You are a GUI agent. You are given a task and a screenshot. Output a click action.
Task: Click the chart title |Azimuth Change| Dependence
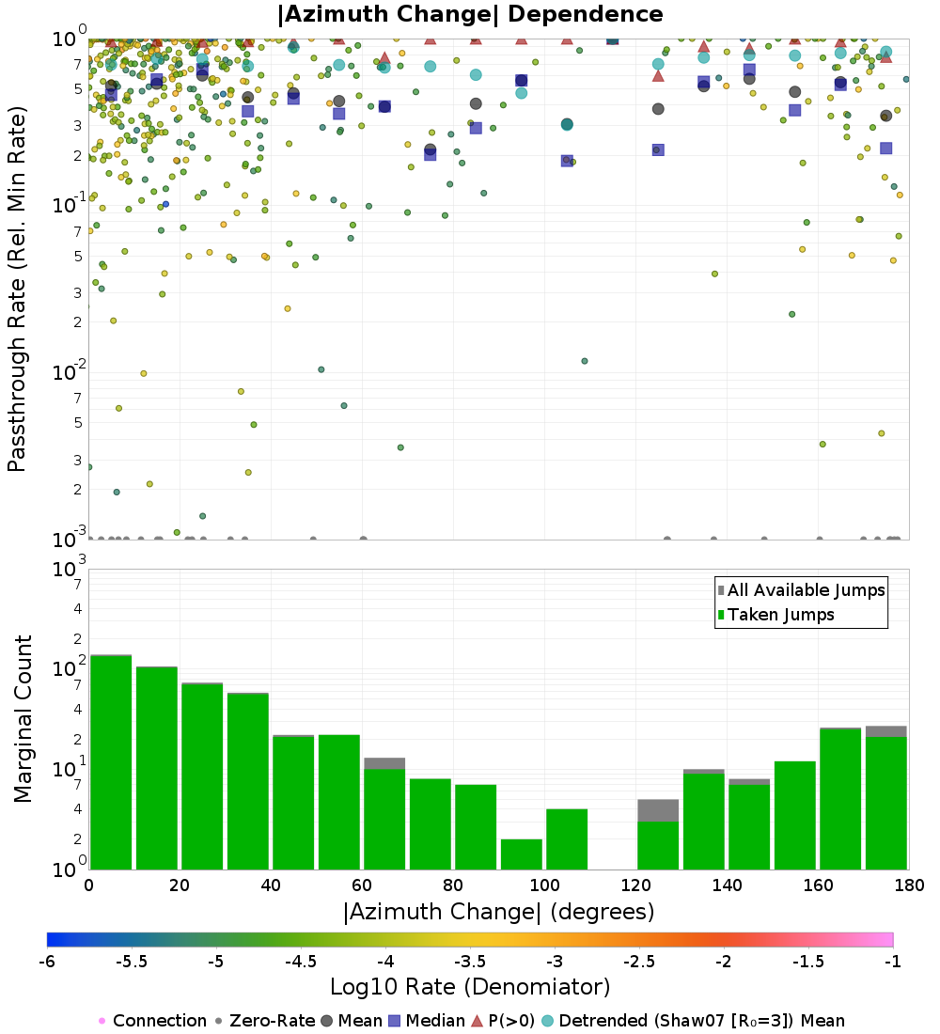click(470, 14)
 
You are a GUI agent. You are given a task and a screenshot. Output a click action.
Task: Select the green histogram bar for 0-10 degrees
click(110, 761)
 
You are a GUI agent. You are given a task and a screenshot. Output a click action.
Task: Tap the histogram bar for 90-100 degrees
click(521, 854)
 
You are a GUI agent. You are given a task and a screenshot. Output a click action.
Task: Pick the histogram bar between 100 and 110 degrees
click(567, 838)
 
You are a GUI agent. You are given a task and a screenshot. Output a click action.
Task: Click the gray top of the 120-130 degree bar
click(658, 809)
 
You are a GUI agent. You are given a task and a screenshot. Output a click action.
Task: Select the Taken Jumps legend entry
click(781, 615)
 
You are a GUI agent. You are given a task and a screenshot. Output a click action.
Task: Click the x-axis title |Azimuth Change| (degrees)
click(498, 911)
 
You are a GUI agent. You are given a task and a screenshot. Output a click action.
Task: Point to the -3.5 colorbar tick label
click(470, 963)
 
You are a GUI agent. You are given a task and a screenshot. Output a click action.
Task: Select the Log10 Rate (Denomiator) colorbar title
click(470, 987)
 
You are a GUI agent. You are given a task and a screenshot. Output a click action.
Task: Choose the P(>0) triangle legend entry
click(512, 1021)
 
